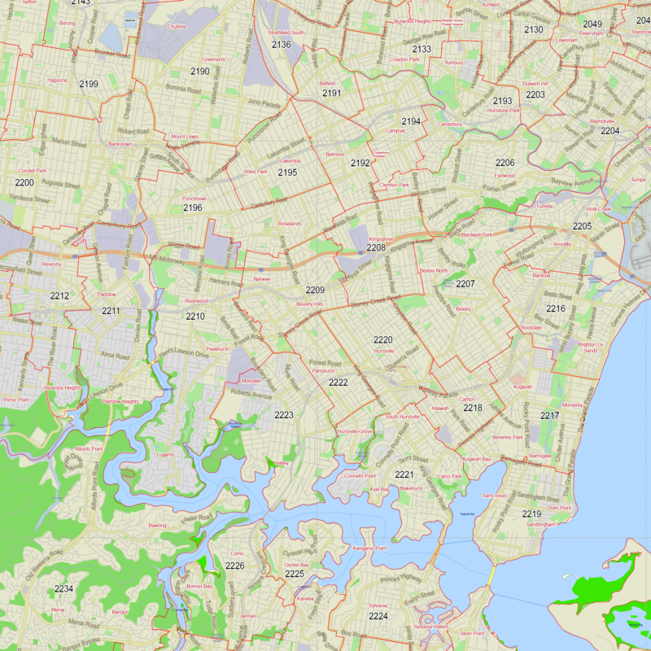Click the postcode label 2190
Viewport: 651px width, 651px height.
coord(200,72)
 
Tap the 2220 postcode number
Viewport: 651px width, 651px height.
coord(383,339)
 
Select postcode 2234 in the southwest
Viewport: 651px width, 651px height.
coord(63,588)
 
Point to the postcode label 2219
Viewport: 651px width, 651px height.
coord(531,513)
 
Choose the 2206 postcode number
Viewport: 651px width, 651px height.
coord(505,163)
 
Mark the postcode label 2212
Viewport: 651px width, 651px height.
coord(59,296)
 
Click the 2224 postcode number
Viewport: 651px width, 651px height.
coord(378,616)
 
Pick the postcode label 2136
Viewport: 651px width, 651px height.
coord(282,44)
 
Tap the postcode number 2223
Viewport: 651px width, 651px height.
coord(284,415)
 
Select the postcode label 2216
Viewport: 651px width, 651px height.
coord(556,309)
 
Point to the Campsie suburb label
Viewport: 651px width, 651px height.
coord(395,130)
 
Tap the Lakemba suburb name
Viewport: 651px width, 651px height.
coord(291,161)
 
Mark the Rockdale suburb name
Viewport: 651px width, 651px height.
coord(531,327)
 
